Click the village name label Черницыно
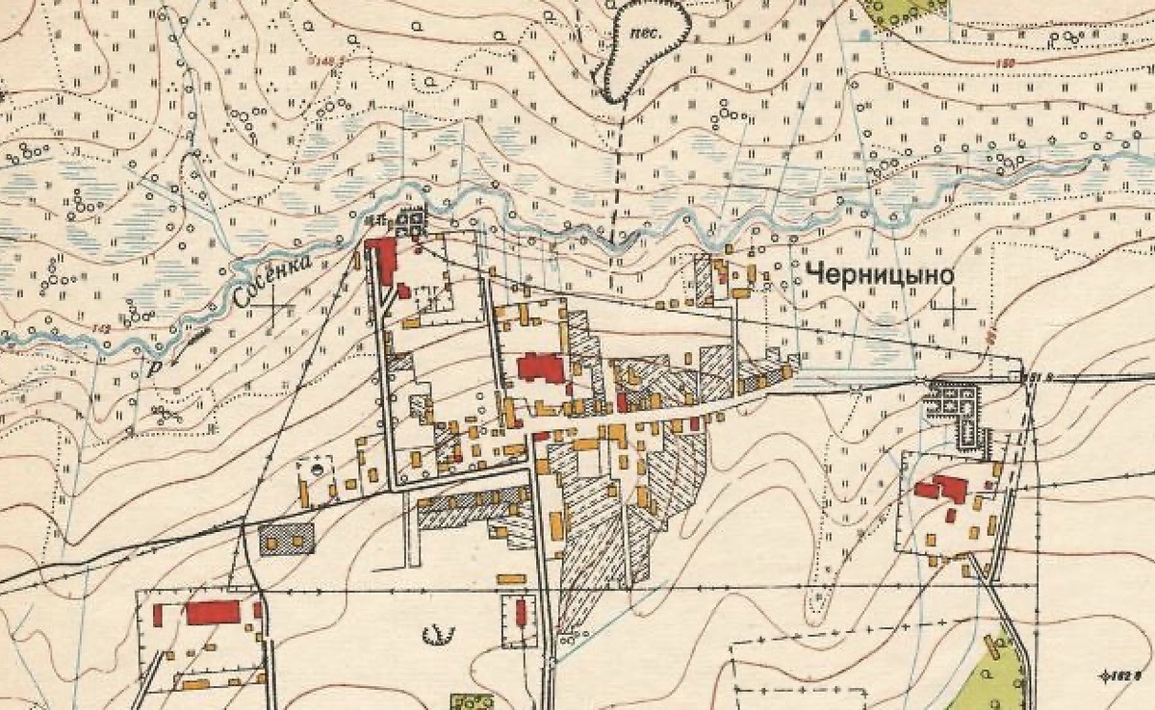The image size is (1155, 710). pyautogui.click(x=881, y=275)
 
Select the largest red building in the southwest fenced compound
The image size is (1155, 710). pyautogui.click(x=213, y=613)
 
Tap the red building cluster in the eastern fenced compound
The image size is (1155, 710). pyautogui.click(x=943, y=488)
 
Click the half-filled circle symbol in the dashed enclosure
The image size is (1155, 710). pyautogui.click(x=316, y=469)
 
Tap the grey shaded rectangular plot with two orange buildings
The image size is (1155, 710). pyautogui.click(x=287, y=540)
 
